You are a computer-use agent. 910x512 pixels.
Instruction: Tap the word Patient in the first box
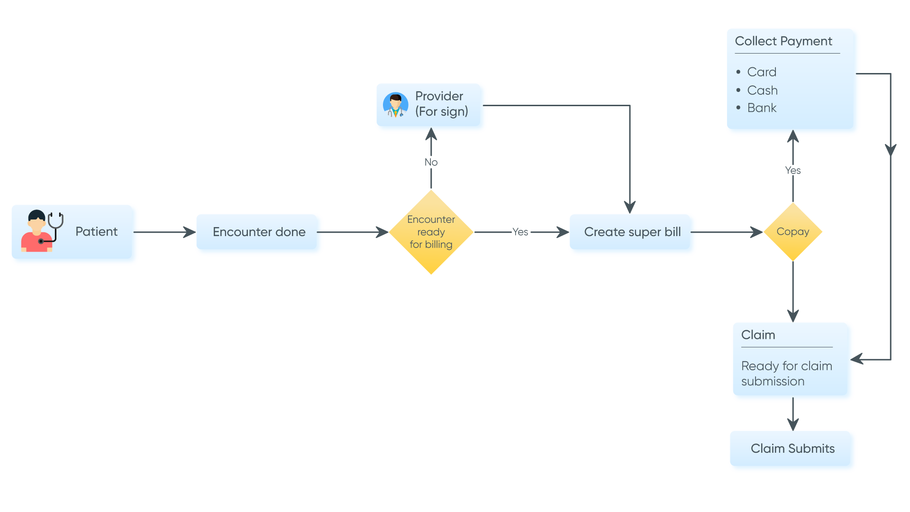coord(96,231)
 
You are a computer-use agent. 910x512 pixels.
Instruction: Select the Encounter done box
coord(259,232)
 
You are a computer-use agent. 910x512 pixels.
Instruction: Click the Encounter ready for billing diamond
coord(431,232)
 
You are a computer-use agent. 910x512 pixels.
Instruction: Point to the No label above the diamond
coord(431,162)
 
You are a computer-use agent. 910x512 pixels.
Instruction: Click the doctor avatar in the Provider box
coord(395,105)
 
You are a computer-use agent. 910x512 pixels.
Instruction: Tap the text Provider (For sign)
coord(441,103)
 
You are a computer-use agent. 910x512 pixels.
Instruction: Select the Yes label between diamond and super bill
coord(520,232)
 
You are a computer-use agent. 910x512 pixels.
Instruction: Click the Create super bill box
coord(632,232)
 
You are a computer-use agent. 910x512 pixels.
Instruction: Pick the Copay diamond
coord(792,232)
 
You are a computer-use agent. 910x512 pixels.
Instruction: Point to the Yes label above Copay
coord(792,170)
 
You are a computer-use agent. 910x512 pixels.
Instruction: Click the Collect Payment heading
coord(783,41)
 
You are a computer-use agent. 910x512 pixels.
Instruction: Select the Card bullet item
coord(762,72)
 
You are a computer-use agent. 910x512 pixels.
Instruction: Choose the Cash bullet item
coord(762,90)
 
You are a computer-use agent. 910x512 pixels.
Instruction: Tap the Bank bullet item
coord(762,108)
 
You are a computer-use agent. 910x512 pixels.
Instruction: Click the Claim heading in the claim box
coord(758,335)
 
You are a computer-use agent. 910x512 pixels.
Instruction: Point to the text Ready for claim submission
coord(786,374)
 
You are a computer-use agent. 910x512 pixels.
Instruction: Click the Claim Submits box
coord(792,449)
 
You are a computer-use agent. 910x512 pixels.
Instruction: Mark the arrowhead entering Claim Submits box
coord(793,424)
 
